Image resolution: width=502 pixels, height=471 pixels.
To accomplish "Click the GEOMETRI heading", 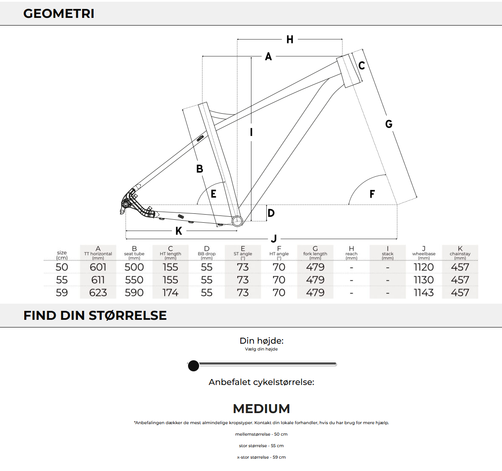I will (x=59, y=14).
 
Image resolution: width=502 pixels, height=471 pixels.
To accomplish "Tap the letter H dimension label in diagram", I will (x=290, y=40).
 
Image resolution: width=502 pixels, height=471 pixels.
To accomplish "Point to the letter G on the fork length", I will (x=388, y=124).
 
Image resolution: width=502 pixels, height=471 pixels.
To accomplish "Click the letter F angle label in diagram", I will (x=372, y=194).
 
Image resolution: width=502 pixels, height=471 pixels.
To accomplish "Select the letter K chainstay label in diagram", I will (x=179, y=231).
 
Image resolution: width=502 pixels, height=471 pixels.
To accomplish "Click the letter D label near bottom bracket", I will (x=271, y=213).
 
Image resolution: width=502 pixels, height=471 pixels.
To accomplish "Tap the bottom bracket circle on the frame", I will (x=237, y=221).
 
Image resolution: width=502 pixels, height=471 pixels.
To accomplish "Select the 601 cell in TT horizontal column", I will (x=98, y=267).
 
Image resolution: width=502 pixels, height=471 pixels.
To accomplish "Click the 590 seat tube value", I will (x=134, y=293).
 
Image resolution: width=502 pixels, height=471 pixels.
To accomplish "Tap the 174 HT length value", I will (x=170, y=293).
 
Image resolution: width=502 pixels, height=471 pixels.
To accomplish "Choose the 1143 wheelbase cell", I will (x=424, y=293).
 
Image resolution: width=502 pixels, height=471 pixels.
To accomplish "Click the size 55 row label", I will (x=62, y=280).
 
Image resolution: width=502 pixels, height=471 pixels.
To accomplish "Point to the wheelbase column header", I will (x=424, y=253).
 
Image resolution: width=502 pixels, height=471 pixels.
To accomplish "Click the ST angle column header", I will (x=242, y=253).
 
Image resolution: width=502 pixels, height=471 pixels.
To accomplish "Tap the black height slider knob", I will (x=194, y=365).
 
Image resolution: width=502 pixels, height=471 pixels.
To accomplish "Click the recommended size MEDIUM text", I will (x=261, y=408).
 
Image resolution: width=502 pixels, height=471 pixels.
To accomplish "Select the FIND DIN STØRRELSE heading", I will (x=95, y=316).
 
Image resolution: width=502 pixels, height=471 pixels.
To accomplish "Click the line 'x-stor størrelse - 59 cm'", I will (x=261, y=457).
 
